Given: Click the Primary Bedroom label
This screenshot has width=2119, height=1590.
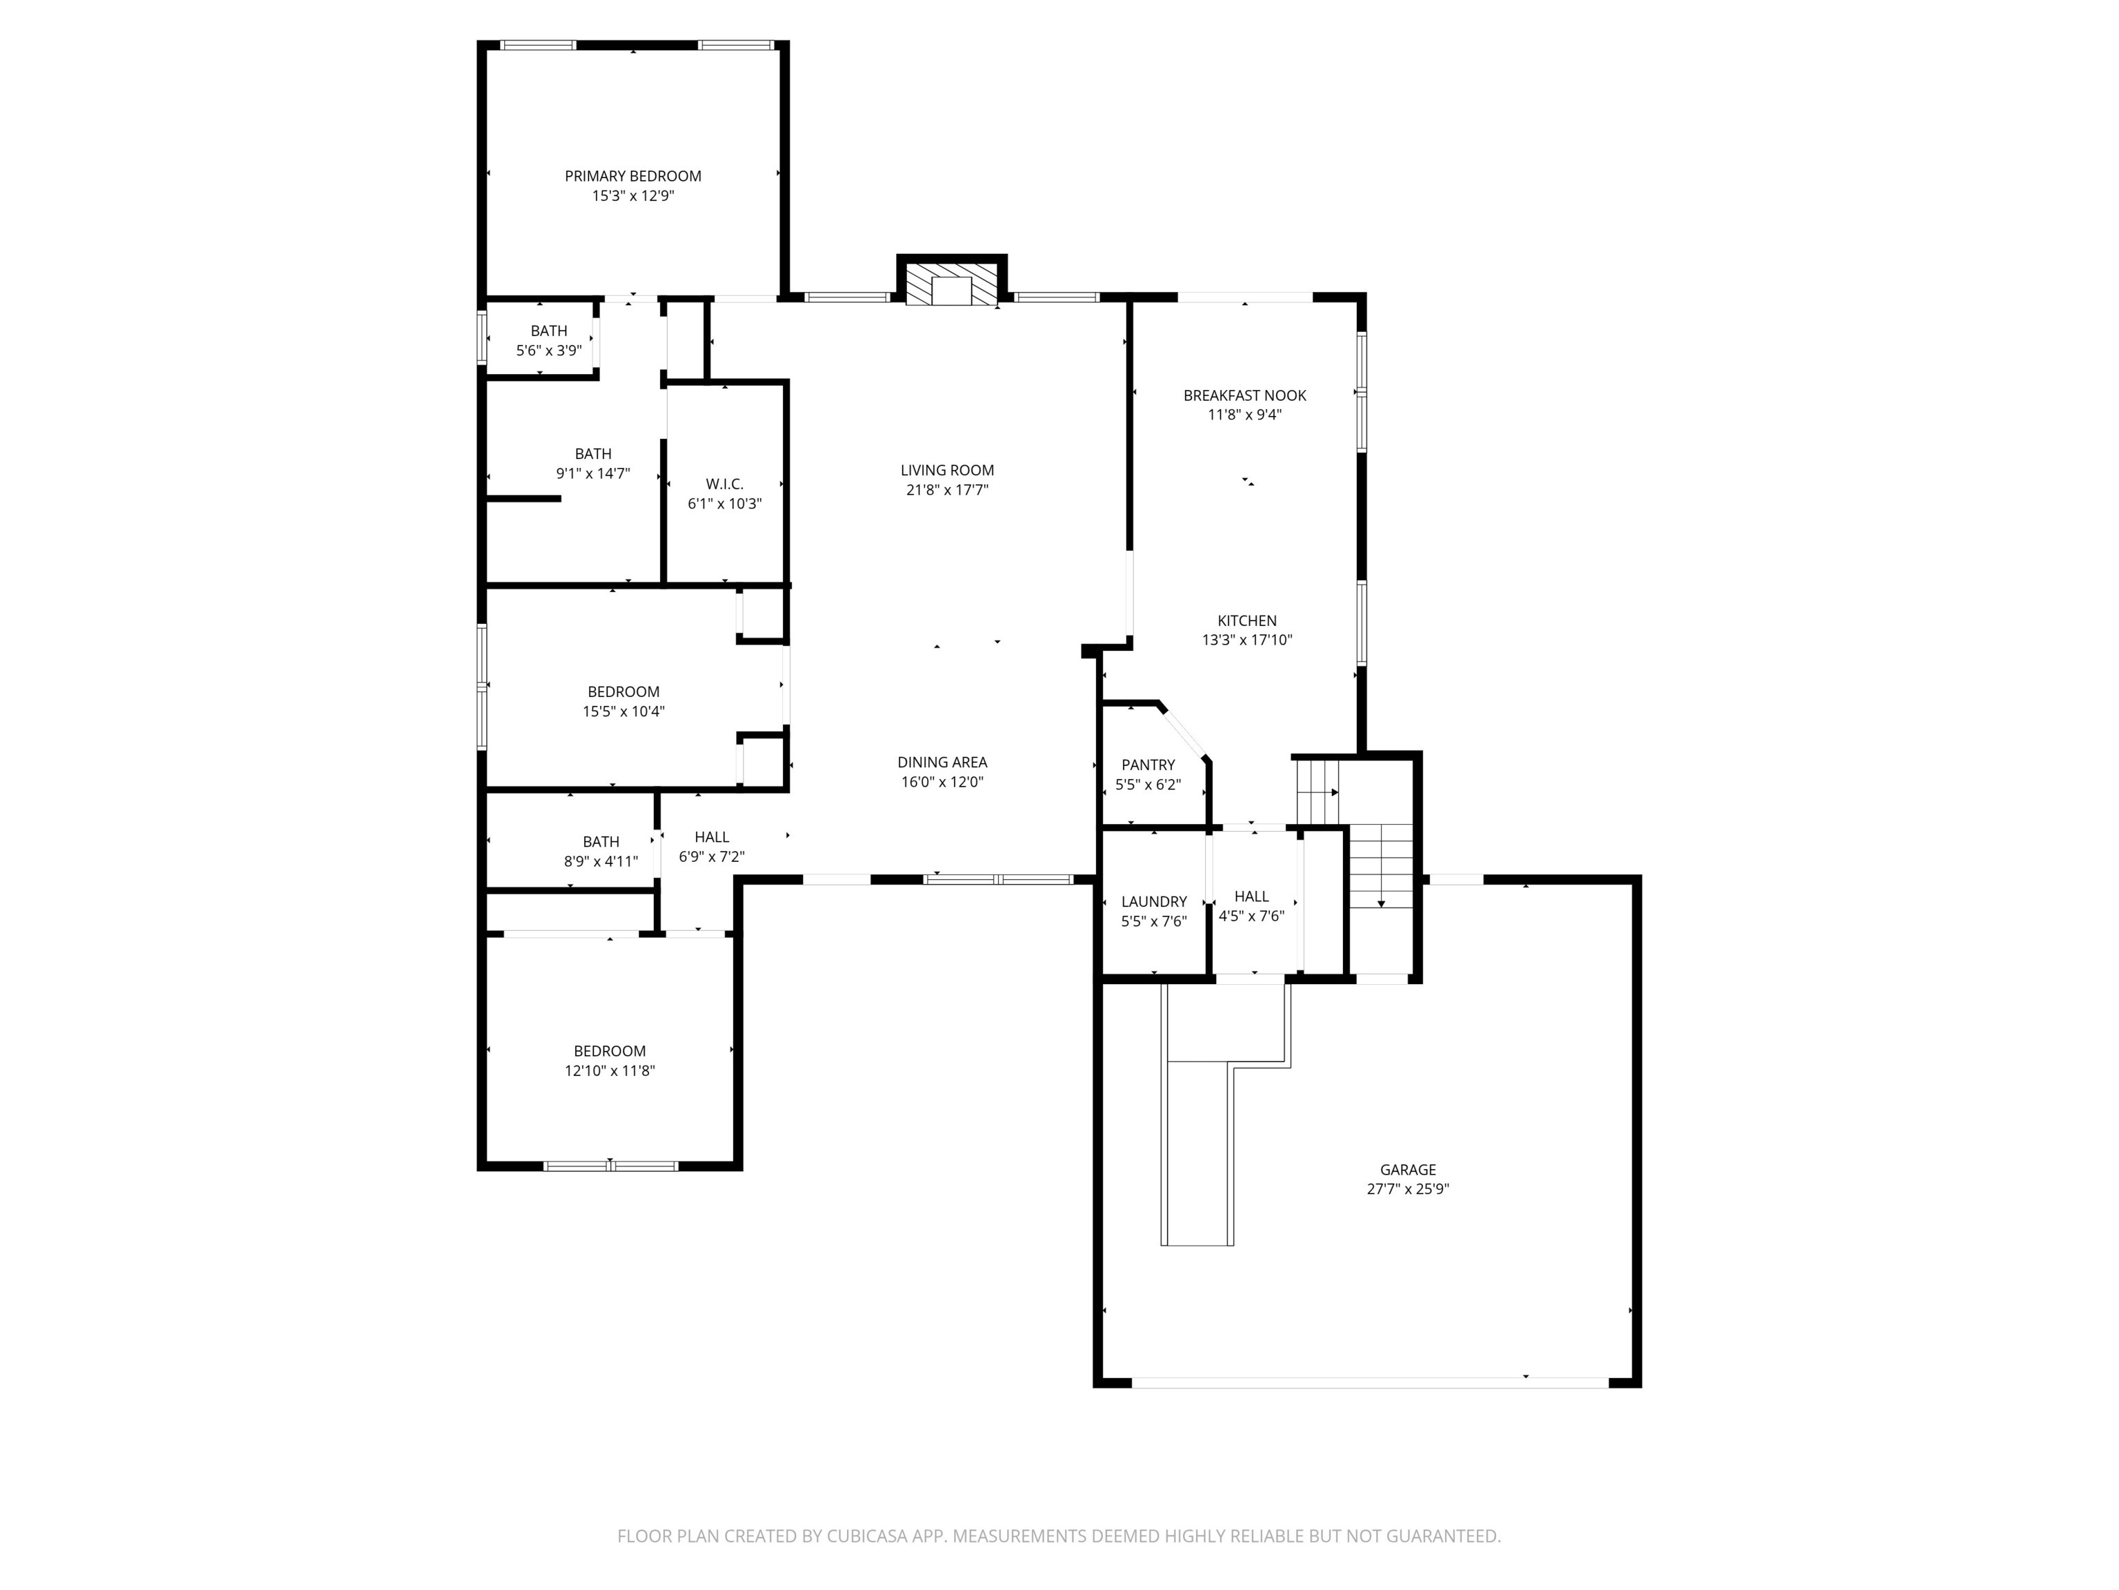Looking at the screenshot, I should [633, 177].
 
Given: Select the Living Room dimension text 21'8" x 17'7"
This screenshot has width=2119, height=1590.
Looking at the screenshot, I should [946, 490].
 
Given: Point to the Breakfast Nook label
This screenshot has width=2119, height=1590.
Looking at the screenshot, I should [1244, 396].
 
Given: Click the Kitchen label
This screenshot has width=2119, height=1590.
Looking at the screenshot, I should [1246, 621].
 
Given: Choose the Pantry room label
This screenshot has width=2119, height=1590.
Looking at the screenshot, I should [1148, 765].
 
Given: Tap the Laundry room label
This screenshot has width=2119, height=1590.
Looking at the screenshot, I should [1153, 902].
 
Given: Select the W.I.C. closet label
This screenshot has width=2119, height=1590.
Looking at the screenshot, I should [724, 485].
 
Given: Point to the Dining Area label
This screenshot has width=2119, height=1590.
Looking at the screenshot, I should [942, 763].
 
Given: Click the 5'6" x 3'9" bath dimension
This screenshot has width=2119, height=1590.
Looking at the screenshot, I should [549, 351].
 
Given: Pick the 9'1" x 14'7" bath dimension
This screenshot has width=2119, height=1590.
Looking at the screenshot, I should [593, 473].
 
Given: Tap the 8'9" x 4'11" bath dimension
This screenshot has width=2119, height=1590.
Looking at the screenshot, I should [601, 862].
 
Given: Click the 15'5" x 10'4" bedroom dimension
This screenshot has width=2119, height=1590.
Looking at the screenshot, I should [624, 711].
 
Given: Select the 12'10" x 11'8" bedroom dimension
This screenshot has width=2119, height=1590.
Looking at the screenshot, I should [609, 1070].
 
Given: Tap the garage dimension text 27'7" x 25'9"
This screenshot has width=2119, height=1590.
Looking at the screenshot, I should [1407, 1189].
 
